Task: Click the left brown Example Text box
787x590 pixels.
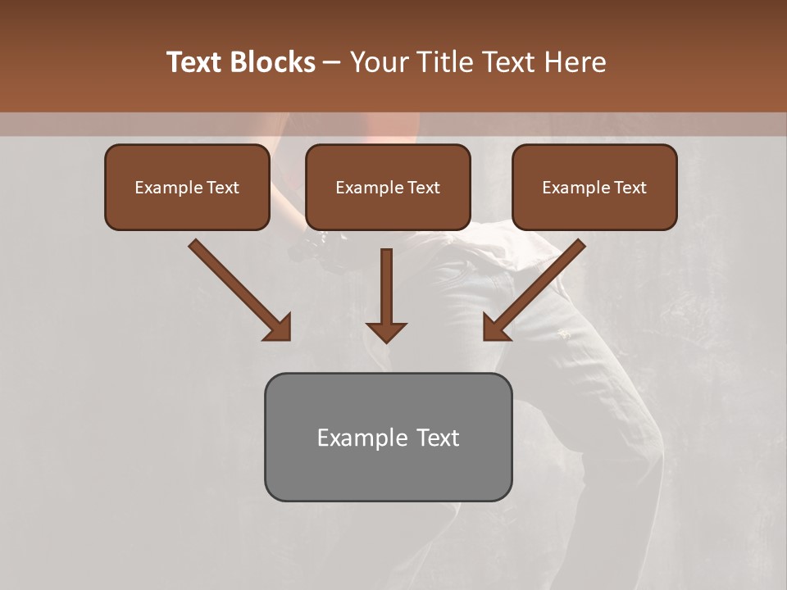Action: pos(187,187)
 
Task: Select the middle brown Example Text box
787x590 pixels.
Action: pos(388,187)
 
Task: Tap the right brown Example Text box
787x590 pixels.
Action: pos(594,187)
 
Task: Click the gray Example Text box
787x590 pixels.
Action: pos(388,437)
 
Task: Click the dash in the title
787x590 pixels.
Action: pos(333,63)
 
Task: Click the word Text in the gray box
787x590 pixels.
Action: pos(438,438)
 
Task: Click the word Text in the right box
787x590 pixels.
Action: pos(630,188)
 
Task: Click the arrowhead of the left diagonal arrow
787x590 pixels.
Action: pos(279,328)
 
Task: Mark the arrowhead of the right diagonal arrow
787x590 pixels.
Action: pos(495,328)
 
